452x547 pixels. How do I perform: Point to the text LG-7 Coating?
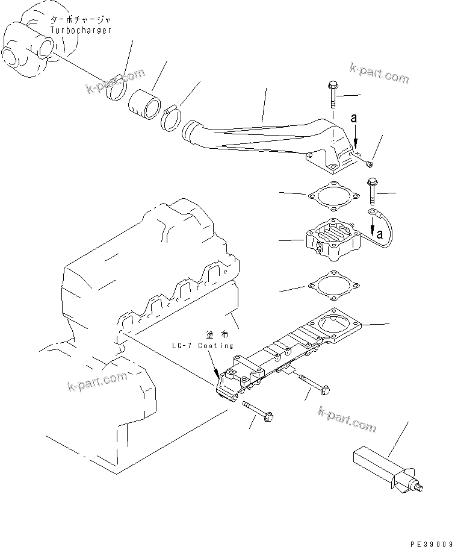(202, 345)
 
